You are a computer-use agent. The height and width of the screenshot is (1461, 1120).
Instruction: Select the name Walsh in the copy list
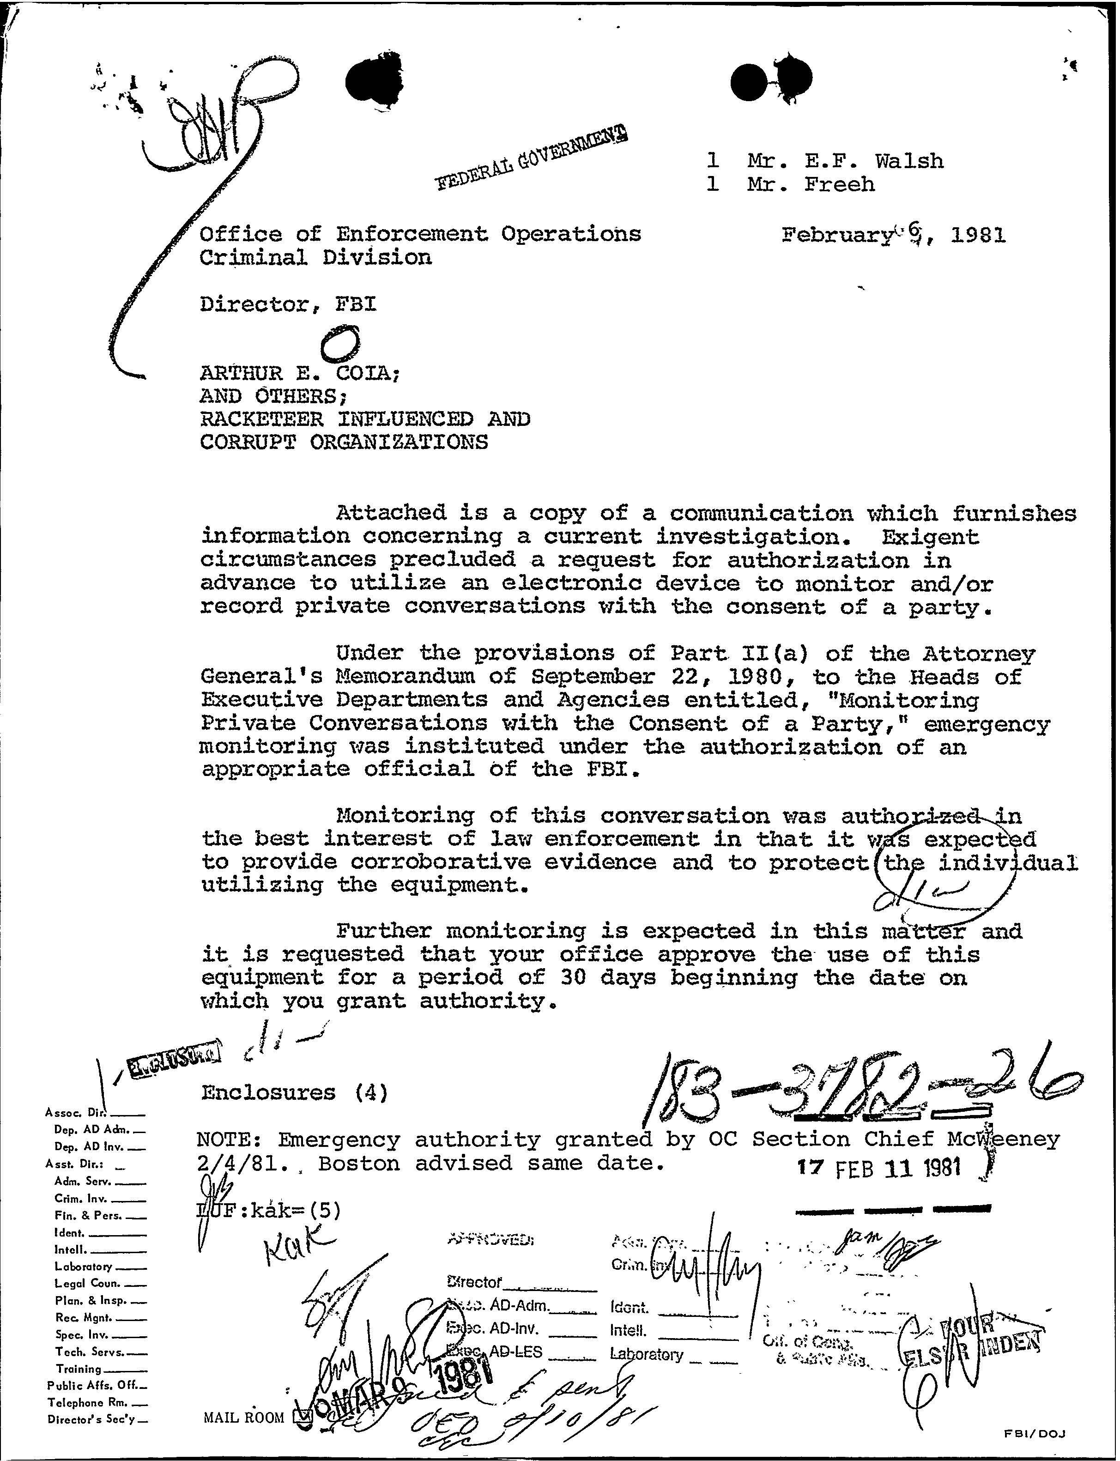click(x=909, y=161)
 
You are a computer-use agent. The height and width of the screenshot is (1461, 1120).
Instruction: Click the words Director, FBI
click(x=288, y=305)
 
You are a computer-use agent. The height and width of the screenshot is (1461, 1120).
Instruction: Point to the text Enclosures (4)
click(x=294, y=1093)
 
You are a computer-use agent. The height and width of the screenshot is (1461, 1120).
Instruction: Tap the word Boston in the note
click(x=355, y=1163)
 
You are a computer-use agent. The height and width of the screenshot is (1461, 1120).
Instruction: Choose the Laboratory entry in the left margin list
click(x=84, y=1266)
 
